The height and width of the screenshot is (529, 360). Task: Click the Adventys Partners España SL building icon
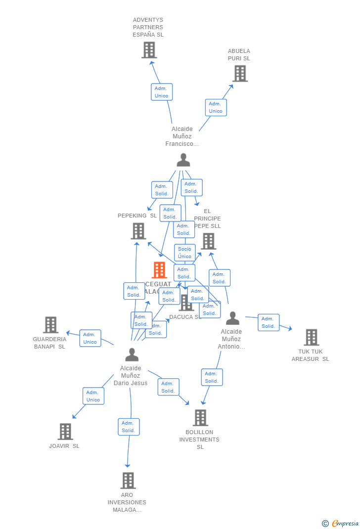pyautogui.click(x=149, y=50)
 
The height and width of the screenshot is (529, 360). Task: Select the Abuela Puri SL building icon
pyautogui.click(x=240, y=74)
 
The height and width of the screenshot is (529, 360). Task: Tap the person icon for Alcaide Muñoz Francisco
pyautogui.click(x=183, y=160)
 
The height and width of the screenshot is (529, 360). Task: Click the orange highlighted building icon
pyautogui.click(x=159, y=270)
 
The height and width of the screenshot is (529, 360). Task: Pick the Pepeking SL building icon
pyautogui.click(x=138, y=231)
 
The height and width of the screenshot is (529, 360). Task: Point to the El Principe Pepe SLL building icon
pyautogui.click(x=208, y=241)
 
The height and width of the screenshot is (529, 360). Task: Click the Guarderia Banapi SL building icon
pyautogui.click(x=50, y=325)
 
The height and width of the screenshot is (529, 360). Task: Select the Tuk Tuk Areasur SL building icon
pyautogui.click(x=311, y=337)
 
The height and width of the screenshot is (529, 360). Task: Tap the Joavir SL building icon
pyautogui.click(x=65, y=432)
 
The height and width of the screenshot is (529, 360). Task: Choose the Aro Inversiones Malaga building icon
pyautogui.click(x=128, y=481)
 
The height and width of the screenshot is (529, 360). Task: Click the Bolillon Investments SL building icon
pyautogui.click(x=200, y=418)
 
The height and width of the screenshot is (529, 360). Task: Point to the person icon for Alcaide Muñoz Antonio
pyautogui.click(x=232, y=318)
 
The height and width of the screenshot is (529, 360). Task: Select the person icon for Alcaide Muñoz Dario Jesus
pyautogui.click(x=132, y=355)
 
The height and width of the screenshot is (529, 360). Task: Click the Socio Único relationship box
pyautogui.click(x=184, y=253)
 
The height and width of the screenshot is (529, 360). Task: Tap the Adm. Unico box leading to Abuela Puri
pyautogui.click(x=216, y=107)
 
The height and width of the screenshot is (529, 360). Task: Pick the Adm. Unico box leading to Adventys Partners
pyautogui.click(x=161, y=92)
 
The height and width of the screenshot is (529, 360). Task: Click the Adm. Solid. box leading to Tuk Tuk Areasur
pyautogui.click(x=269, y=322)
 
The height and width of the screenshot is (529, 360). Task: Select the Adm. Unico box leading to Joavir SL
pyautogui.click(x=93, y=396)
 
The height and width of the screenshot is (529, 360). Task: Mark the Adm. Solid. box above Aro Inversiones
pyautogui.click(x=129, y=427)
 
